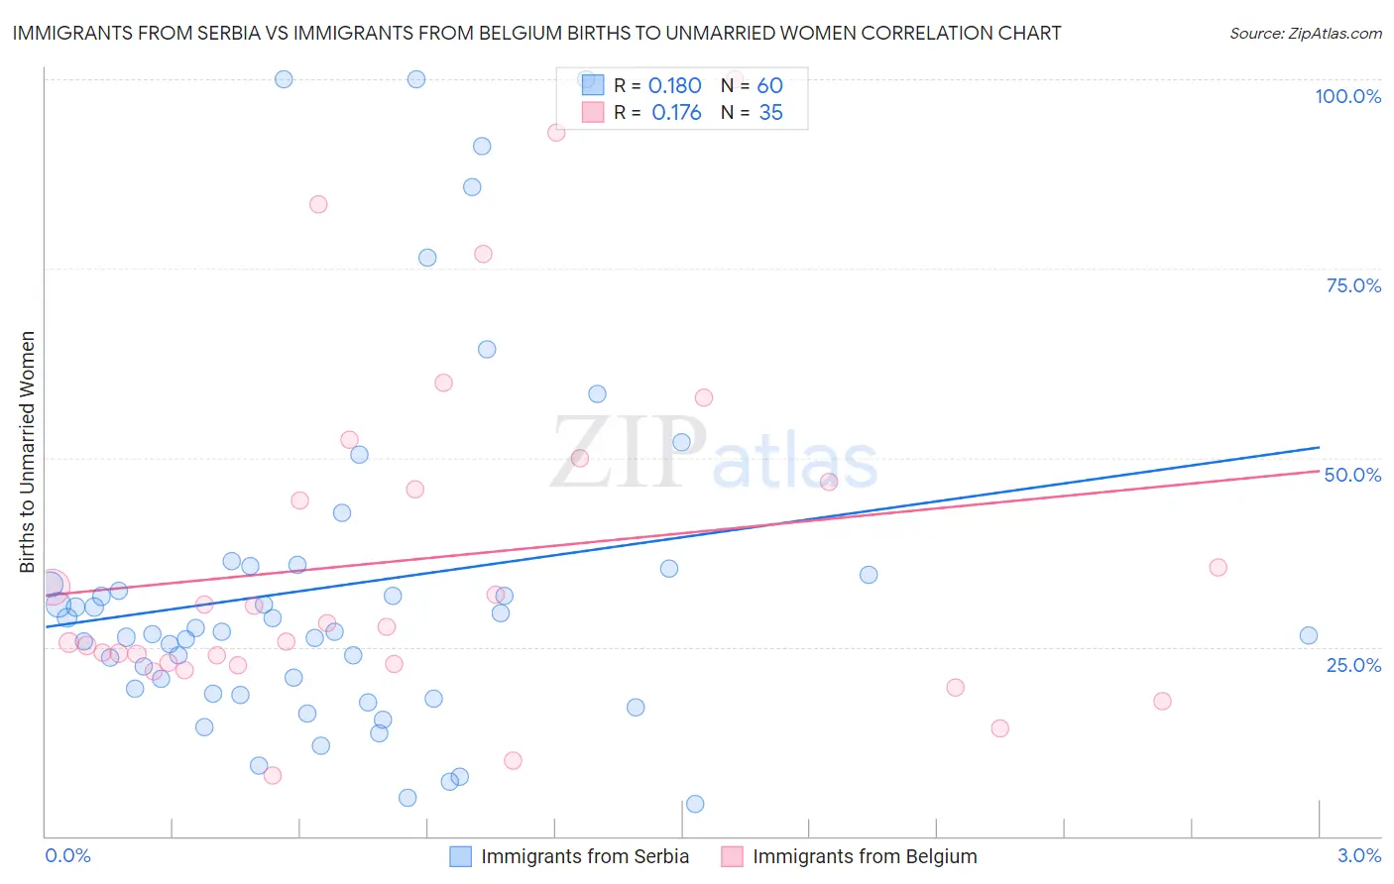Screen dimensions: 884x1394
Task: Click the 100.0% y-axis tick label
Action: tap(1347, 96)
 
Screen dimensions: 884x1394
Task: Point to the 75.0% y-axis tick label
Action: tap(1353, 285)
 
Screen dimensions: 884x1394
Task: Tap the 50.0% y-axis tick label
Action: tap(1352, 475)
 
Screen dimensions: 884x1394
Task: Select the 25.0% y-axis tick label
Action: tap(1353, 665)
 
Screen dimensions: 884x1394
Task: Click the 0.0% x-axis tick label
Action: tap(67, 855)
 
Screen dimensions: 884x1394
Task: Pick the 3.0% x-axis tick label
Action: tap(1359, 855)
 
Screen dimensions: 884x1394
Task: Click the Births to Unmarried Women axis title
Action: tap(27, 452)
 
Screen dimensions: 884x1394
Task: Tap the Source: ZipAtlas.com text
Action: tap(1305, 33)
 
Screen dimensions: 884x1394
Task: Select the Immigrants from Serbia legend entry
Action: tap(570, 856)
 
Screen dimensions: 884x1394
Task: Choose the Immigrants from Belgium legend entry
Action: tap(850, 856)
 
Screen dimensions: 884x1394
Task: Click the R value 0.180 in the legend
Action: tap(674, 86)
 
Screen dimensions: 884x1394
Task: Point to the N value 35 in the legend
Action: tap(770, 113)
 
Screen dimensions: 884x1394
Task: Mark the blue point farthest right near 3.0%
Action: tap(1309, 635)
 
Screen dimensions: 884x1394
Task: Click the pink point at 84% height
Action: tap(318, 204)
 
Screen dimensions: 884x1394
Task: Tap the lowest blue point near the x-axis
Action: tap(695, 804)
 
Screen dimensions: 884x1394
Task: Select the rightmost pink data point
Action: tap(1219, 567)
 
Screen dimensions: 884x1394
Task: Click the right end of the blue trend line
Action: tap(1320, 447)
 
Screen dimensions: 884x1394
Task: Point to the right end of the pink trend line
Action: tap(1320, 471)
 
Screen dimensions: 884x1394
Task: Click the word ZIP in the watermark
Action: tap(629, 454)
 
